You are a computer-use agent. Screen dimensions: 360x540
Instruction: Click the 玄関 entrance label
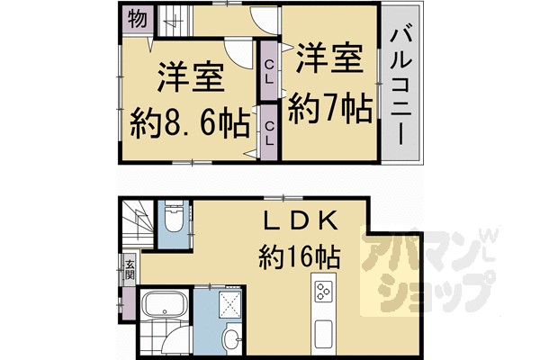tap(130, 270)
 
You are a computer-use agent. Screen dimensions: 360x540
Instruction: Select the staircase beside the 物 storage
tap(175, 21)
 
